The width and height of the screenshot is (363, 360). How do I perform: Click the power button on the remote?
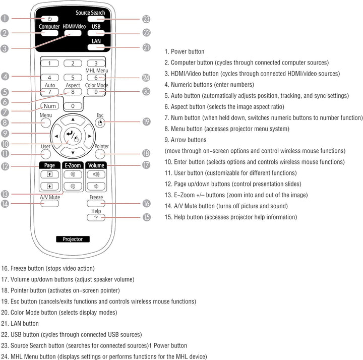point(50,19)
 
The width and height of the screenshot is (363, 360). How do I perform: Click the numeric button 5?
point(73,78)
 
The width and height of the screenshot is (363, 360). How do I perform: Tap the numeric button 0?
point(73,106)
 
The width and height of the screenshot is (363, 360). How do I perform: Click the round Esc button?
point(100,122)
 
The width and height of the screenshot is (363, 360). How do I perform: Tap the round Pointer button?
point(101,153)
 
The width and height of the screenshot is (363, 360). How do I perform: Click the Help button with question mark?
point(96,217)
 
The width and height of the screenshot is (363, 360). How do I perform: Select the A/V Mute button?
point(50,204)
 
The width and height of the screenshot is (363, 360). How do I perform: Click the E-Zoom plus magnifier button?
point(73,174)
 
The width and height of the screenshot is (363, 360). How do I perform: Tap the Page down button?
point(50,186)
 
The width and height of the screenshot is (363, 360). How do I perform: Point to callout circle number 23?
point(146,19)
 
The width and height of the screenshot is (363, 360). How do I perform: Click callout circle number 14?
point(5,204)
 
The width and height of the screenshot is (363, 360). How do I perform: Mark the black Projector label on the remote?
point(73,239)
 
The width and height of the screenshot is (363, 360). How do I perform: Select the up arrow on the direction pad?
point(73,119)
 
